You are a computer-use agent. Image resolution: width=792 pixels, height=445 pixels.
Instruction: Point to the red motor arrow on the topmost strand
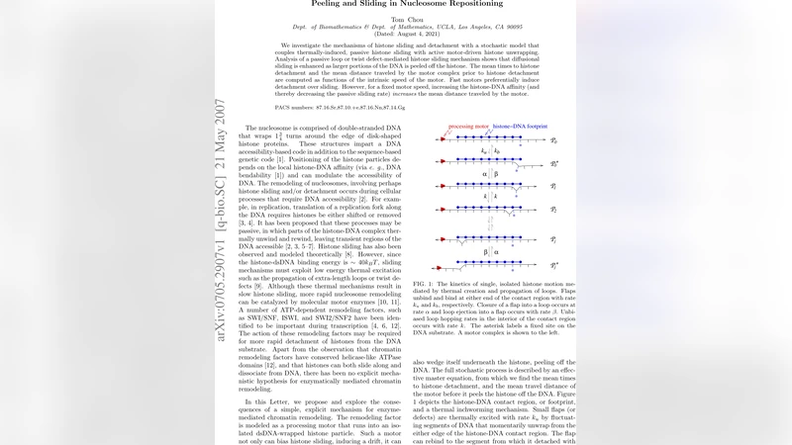443,141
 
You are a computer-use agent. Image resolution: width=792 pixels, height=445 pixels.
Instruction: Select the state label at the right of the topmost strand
554,141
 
